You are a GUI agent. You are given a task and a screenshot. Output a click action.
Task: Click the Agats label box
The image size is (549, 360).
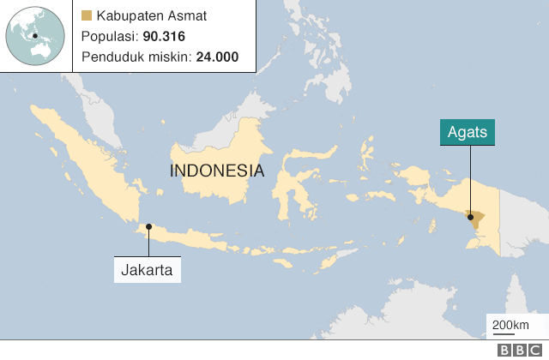(468, 133)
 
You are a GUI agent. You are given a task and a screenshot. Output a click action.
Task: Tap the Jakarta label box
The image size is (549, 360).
(148, 271)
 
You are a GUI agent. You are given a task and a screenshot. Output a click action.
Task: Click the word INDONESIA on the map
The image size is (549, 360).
(217, 170)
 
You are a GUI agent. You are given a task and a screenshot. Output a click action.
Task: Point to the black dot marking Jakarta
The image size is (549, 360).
(148, 227)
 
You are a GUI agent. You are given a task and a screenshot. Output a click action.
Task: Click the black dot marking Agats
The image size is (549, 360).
(470, 217)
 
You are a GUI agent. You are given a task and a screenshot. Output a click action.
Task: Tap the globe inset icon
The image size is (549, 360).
(37, 37)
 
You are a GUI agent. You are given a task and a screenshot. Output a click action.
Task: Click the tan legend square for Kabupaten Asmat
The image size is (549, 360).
(87, 16)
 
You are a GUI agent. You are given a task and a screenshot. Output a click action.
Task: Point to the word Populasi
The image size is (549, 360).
(108, 37)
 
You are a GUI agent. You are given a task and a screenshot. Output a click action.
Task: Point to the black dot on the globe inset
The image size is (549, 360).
(34, 36)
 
